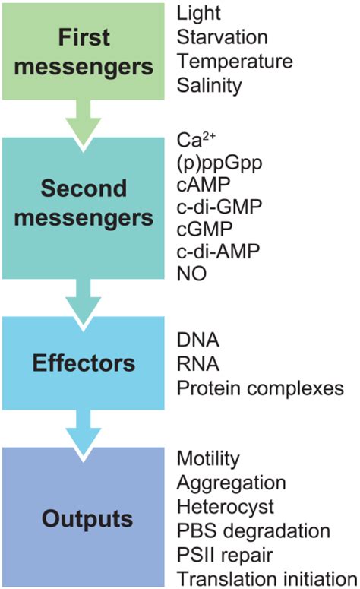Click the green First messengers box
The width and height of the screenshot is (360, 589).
(84, 52)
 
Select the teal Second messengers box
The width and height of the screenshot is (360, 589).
(84, 208)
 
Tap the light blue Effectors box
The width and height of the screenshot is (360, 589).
(84, 363)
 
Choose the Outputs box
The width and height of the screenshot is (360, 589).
(84, 517)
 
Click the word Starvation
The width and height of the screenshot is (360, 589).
(223, 37)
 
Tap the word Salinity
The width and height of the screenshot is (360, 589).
(210, 86)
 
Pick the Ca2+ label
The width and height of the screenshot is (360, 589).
(196, 140)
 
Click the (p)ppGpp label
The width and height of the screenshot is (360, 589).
(219, 163)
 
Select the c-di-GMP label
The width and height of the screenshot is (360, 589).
(219, 207)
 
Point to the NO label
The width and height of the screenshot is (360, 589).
(191, 274)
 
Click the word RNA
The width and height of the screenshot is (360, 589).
(197, 363)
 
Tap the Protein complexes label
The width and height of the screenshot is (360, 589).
(261, 388)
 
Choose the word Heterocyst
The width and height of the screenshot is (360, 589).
(226, 507)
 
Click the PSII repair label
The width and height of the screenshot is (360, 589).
(225, 556)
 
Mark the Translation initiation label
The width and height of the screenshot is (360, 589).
(267, 578)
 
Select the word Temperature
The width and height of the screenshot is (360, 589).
(235, 62)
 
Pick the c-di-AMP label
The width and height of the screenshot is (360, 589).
(218, 251)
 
